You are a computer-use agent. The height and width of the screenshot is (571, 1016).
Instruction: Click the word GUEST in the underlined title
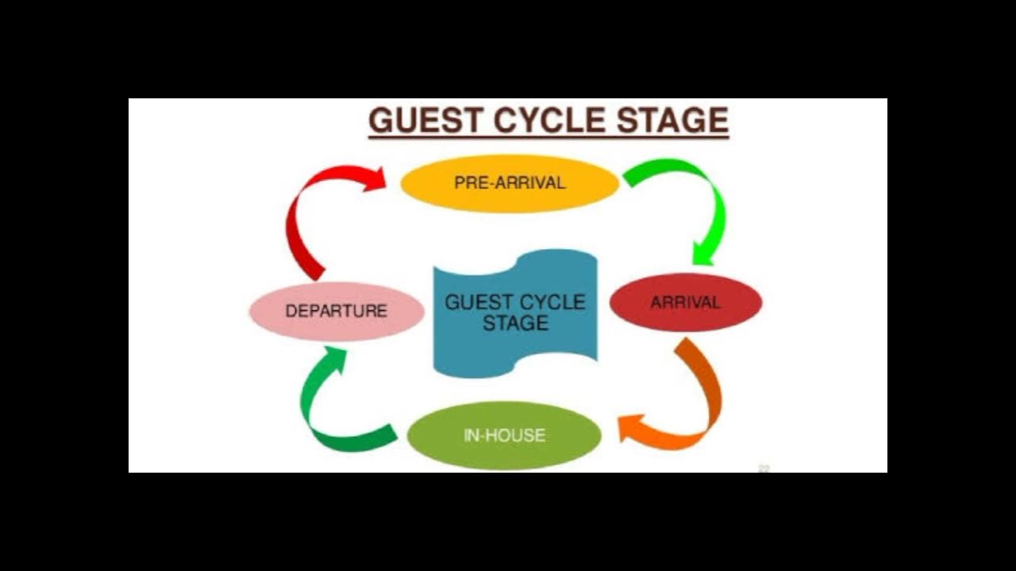tap(425, 121)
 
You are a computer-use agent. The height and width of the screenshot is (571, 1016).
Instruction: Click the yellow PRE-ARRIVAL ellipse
tap(510, 183)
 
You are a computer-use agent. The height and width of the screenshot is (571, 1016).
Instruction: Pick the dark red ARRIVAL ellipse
tap(685, 302)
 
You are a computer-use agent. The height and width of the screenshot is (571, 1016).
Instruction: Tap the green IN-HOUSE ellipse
tap(504, 435)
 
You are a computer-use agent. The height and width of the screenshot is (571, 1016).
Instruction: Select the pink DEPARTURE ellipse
tap(337, 311)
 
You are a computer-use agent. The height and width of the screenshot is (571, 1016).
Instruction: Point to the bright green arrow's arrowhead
tap(703, 254)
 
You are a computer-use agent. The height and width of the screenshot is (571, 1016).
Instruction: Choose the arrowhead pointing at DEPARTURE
tap(333, 359)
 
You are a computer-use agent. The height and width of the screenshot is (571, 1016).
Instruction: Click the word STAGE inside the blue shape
tap(515, 324)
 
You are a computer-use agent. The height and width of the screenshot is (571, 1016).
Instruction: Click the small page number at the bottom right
tap(764, 469)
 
